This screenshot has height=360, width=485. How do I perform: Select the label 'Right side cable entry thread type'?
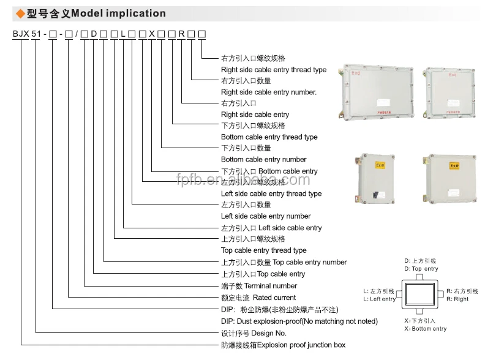point(274,70)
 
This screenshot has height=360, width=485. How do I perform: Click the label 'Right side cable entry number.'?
point(269,92)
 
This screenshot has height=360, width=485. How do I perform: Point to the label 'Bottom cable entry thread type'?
point(269,137)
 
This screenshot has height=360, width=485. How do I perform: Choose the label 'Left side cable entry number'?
point(266,216)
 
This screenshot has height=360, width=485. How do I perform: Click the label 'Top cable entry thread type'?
point(264,250)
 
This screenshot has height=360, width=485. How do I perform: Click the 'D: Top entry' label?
point(421,269)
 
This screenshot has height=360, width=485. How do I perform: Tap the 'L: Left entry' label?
point(379,299)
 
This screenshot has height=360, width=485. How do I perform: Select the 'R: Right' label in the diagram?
point(457,299)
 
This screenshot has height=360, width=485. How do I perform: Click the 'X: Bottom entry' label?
point(426,329)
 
